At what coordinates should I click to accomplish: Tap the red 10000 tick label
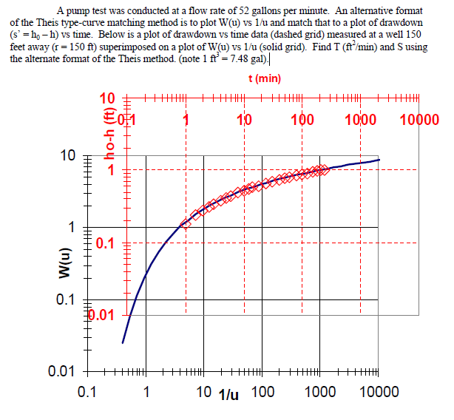419,121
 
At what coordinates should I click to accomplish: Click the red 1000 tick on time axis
360,121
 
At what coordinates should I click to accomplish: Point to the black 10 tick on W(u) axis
68,156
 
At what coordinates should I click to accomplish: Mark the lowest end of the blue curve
123,342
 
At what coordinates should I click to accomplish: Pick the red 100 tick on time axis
301,121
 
